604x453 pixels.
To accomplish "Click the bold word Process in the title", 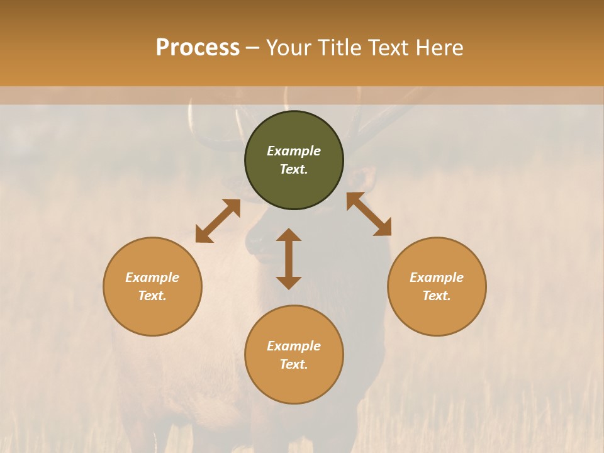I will (198, 48).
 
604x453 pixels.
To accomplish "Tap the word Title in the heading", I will (341, 48).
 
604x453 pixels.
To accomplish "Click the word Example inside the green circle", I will (294, 151).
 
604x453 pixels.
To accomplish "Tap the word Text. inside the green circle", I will (294, 170).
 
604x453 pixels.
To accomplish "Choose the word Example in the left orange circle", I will (152, 277).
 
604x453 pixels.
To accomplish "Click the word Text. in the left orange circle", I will (152, 296).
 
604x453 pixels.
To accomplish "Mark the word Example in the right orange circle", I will (437, 277).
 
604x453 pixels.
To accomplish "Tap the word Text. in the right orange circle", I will (437, 296).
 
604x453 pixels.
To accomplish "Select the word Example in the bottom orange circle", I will (294, 346).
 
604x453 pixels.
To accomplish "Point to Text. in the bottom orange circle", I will (294, 365).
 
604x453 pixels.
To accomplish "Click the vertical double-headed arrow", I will (289, 259).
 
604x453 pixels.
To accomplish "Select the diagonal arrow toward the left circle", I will (218, 221).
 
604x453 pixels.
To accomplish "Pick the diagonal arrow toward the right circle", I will (369, 214).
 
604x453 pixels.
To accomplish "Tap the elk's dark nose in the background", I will (255, 243).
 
